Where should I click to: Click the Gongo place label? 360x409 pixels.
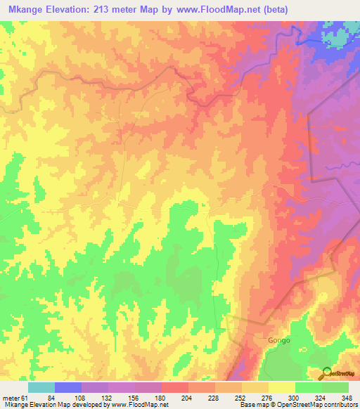click(278, 340)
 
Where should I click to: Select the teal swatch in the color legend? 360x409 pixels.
click(41, 387)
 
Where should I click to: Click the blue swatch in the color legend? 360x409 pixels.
click(67, 387)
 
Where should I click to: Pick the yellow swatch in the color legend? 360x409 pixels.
click(281, 387)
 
